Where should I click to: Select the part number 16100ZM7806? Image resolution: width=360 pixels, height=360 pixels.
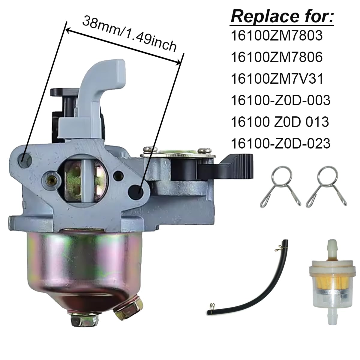click(277, 57)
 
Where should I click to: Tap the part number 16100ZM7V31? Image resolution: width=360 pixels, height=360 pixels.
click(277, 79)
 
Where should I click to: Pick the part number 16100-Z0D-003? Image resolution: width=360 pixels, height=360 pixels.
click(280, 100)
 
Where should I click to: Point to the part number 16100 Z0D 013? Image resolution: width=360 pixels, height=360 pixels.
click(280, 122)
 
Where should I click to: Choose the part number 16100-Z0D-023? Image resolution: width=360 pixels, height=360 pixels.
click(280, 143)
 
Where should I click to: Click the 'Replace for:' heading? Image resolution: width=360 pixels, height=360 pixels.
click(282, 17)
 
